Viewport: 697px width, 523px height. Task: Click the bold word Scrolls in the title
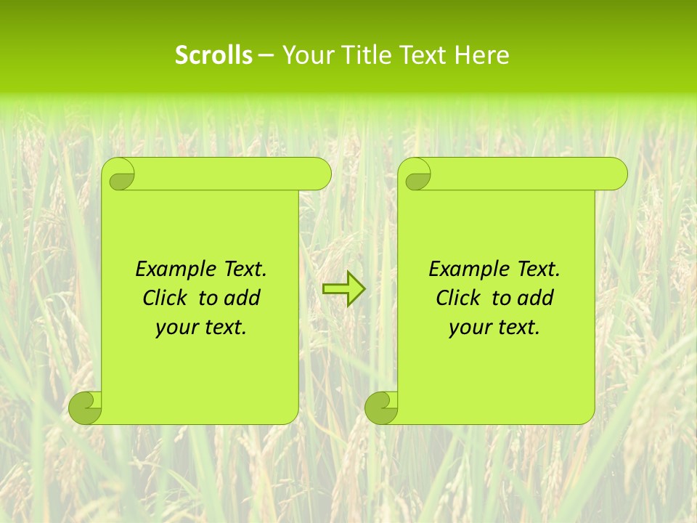213,55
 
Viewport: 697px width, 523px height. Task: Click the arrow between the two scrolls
343,289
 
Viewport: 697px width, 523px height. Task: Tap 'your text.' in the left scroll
201,328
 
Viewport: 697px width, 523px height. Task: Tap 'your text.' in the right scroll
494,328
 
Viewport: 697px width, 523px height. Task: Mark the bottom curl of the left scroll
85,408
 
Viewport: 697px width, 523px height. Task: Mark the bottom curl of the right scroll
381,408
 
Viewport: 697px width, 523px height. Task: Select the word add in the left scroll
243,298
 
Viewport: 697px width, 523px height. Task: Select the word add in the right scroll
537,298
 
